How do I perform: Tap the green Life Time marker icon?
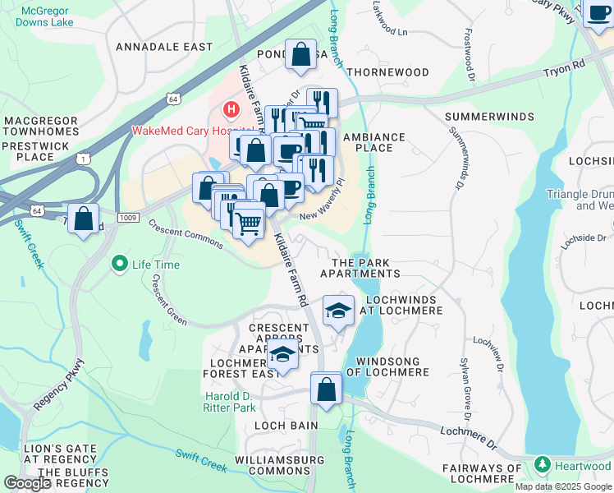pyautogui.click(x=120, y=264)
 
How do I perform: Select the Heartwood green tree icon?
pyautogui.click(x=541, y=466)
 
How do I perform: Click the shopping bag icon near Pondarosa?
pyautogui.click(x=301, y=54)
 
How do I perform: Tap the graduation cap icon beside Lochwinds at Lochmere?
pyautogui.click(x=337, y=311)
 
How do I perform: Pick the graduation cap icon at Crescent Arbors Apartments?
pyautogui.click(x=282, y=356)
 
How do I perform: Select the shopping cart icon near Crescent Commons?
pyautogui.click(x=248, y=222)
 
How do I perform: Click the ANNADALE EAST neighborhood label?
pyautogui.click(x=164, y=47)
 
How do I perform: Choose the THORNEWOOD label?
pyautogui.click(x=387, y=72)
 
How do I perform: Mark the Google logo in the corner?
pyautogui.click(x=27, y=483)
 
